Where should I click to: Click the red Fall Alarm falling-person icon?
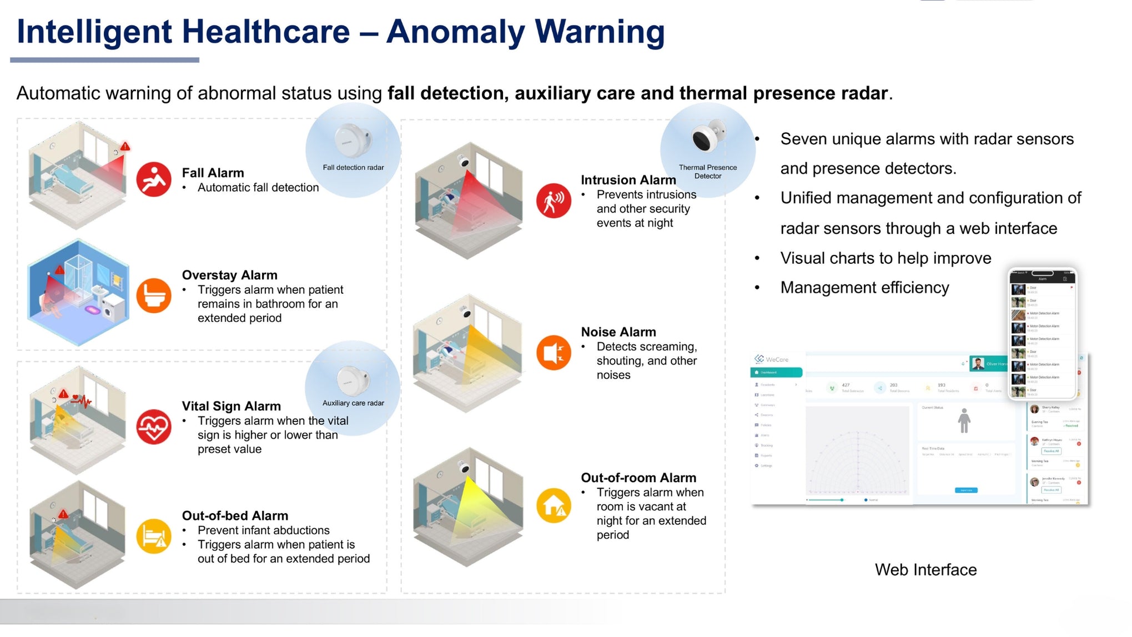coord(154,179)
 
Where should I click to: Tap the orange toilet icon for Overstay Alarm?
coord(154,295)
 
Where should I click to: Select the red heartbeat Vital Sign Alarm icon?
coord(154,427)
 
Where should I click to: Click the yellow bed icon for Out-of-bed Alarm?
coord(154,536)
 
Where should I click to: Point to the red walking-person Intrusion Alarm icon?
coord(554,200)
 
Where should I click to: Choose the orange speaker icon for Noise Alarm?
coord(554,353)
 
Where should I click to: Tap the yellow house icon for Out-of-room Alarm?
coord(554,505)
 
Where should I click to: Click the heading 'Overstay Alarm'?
coord(229,275)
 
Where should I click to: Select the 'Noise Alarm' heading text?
coord(618,332)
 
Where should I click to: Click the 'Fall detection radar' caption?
coord(353,168)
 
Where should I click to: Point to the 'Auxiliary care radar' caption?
coord(353,403)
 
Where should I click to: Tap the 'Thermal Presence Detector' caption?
coord(707,172)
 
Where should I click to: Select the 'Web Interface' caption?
coord(925,570)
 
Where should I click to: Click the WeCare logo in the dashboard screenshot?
coord(771,359)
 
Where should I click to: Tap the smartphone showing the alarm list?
coord(1042,333)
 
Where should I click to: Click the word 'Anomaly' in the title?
coord(455,32)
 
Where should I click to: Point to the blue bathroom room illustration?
coord(78,293)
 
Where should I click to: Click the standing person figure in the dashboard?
coord(964,421)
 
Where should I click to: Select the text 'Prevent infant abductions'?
coord(263,530)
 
